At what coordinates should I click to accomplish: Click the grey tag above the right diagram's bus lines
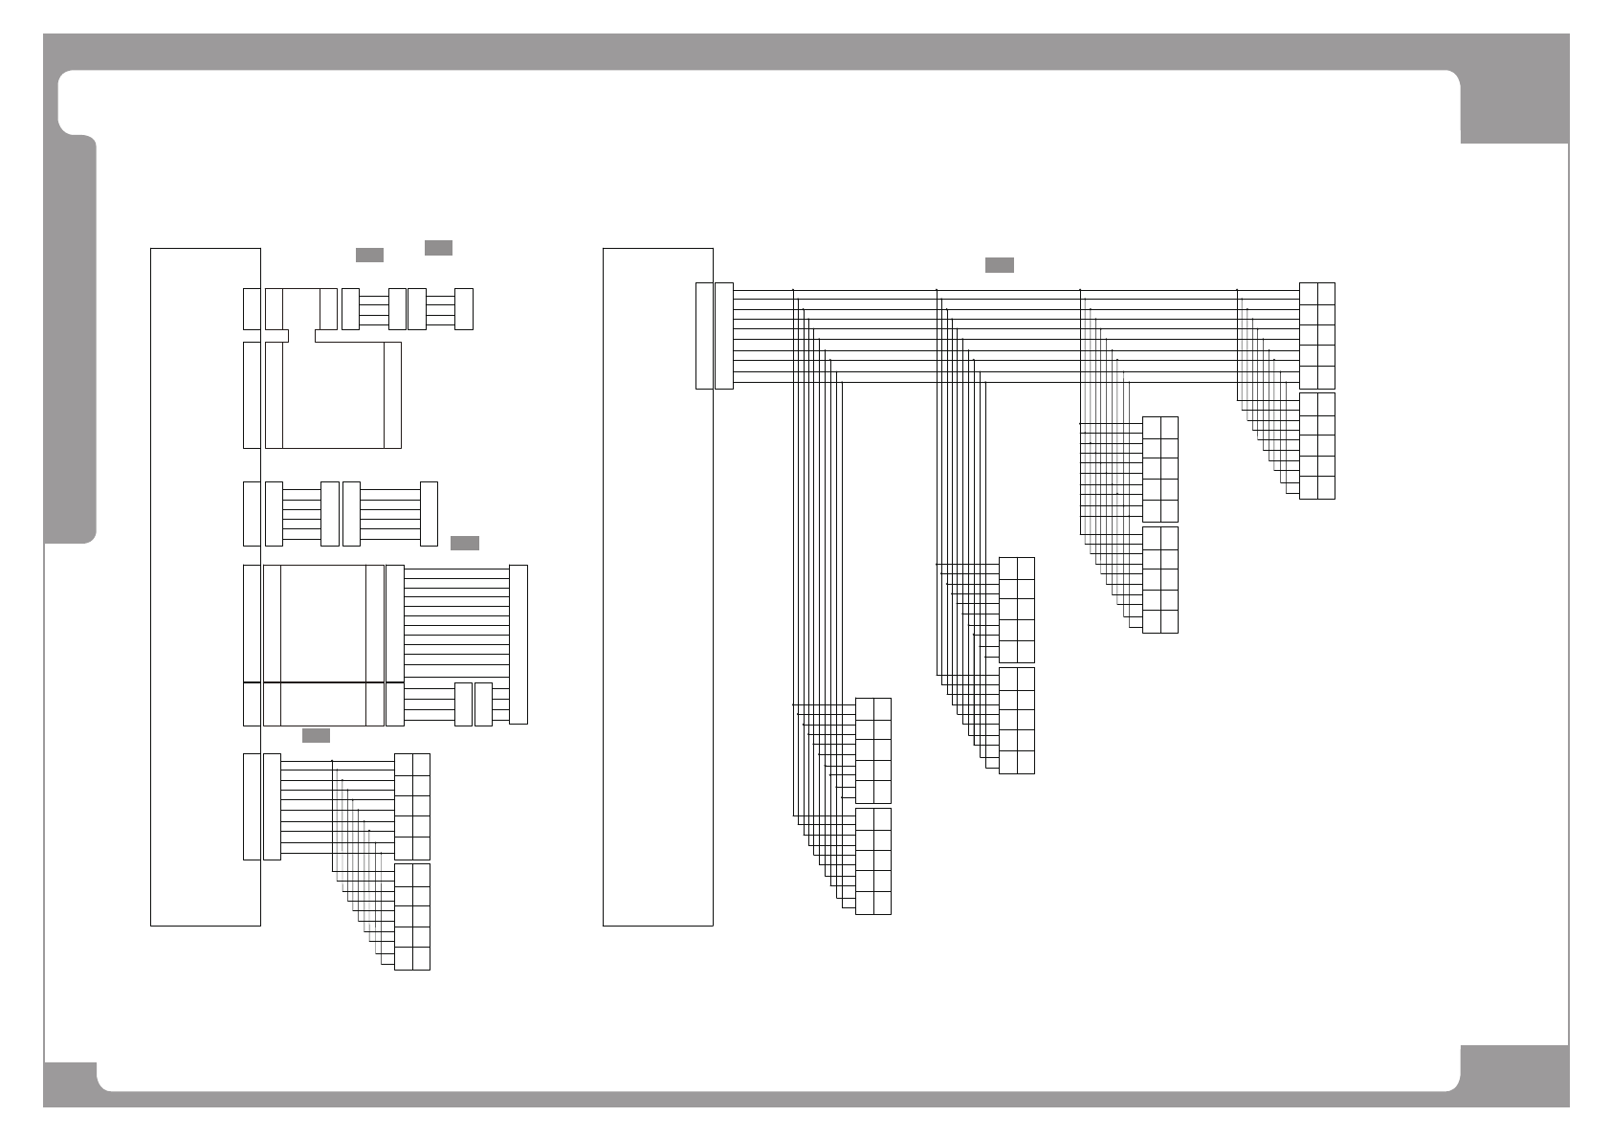[x=999, y=265]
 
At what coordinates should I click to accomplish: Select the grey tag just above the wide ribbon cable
[x=464, y=544]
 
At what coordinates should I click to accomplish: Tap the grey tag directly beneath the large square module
[x=316, y=735]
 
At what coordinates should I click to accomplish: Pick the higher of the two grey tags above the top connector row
[x=438, y=248]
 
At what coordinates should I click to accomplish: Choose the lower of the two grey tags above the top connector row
[x=369, y=255]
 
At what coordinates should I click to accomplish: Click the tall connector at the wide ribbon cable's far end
[x=519, y=644]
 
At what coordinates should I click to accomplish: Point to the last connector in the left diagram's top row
[x=464, y=308]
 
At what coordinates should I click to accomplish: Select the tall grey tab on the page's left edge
[x=70, y=340]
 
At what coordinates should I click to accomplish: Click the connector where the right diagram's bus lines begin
[x=723, y=336]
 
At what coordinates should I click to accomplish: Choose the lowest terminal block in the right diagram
[x=872, y=861]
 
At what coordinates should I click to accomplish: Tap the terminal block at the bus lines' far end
[x=1317, y=336]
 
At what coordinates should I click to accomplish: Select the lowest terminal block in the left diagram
[x=412, y=917]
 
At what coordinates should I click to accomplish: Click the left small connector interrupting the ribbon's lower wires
[x=463, y=704]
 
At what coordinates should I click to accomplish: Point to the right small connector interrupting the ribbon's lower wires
[x=483, y=704]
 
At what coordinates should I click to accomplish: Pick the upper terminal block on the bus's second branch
[x=1016, y=610]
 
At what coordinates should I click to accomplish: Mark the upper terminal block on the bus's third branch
[x=1159, y=469]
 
